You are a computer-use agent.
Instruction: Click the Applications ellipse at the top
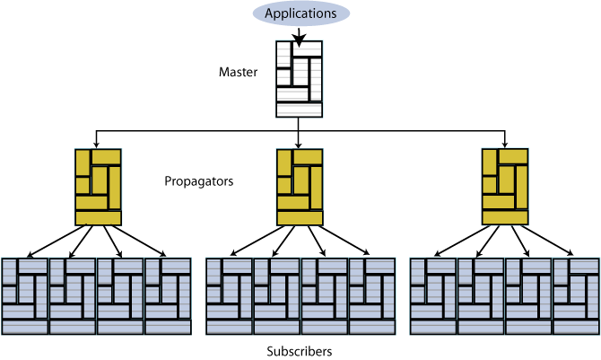(300, 13)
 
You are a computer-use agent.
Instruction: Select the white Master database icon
(299, 79)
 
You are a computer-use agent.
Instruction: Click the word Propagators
(199, 180)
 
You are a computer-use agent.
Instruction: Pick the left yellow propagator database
(98, 186)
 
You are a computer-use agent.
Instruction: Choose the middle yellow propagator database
(300, 186)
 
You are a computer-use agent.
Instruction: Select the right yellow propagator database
(505, 186)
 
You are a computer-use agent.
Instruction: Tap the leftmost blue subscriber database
(25, 295)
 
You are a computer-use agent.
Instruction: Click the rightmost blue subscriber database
(575, 295)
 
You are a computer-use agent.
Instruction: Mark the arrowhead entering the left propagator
(97, 143)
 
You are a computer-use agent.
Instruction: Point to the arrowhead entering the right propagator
(505, 143)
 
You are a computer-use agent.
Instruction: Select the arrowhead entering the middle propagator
(300, 143)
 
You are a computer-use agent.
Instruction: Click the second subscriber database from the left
(73, 295)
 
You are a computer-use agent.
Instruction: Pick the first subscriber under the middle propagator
(229, 295)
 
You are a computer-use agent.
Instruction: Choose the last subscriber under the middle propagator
(371, 295)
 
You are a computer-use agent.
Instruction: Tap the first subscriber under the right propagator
(432, 295)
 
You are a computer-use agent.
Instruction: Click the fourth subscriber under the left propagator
(168, 295)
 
